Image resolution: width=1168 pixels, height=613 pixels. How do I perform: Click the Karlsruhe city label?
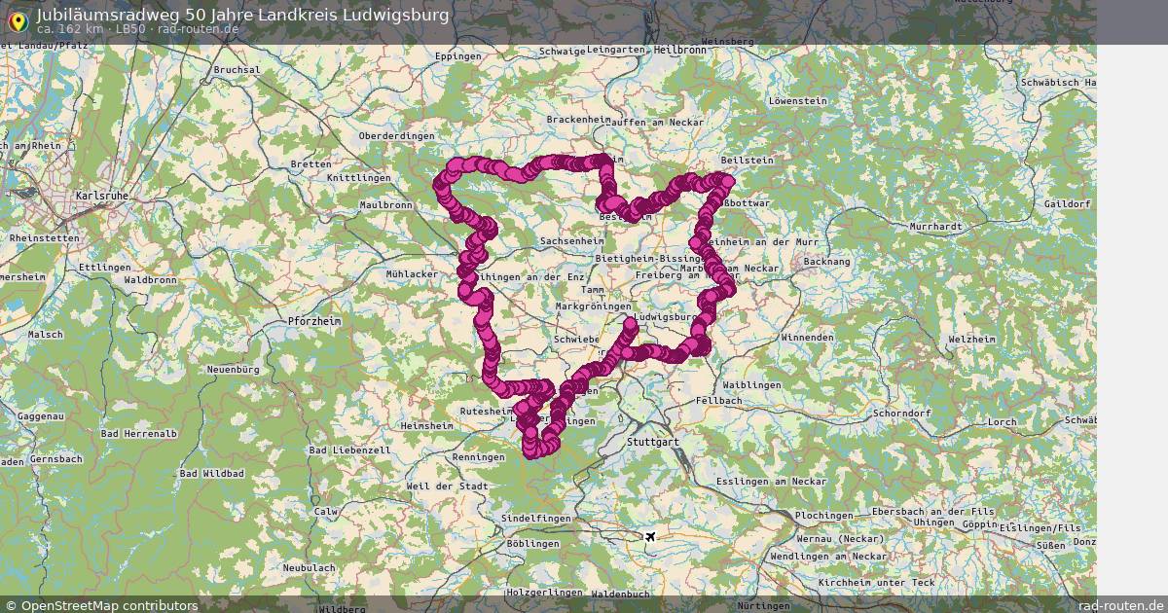pos(102,196)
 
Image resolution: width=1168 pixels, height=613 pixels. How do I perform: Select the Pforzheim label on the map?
pos(314,321)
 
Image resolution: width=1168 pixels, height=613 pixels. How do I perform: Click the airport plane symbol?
pos(650,536)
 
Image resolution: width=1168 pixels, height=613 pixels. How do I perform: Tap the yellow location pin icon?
pos(17,19)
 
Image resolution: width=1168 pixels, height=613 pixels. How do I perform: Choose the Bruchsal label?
pos(237,70)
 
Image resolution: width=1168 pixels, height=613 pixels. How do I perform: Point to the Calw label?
pos(325,511)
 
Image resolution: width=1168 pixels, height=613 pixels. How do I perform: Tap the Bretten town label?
pos(310,164)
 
